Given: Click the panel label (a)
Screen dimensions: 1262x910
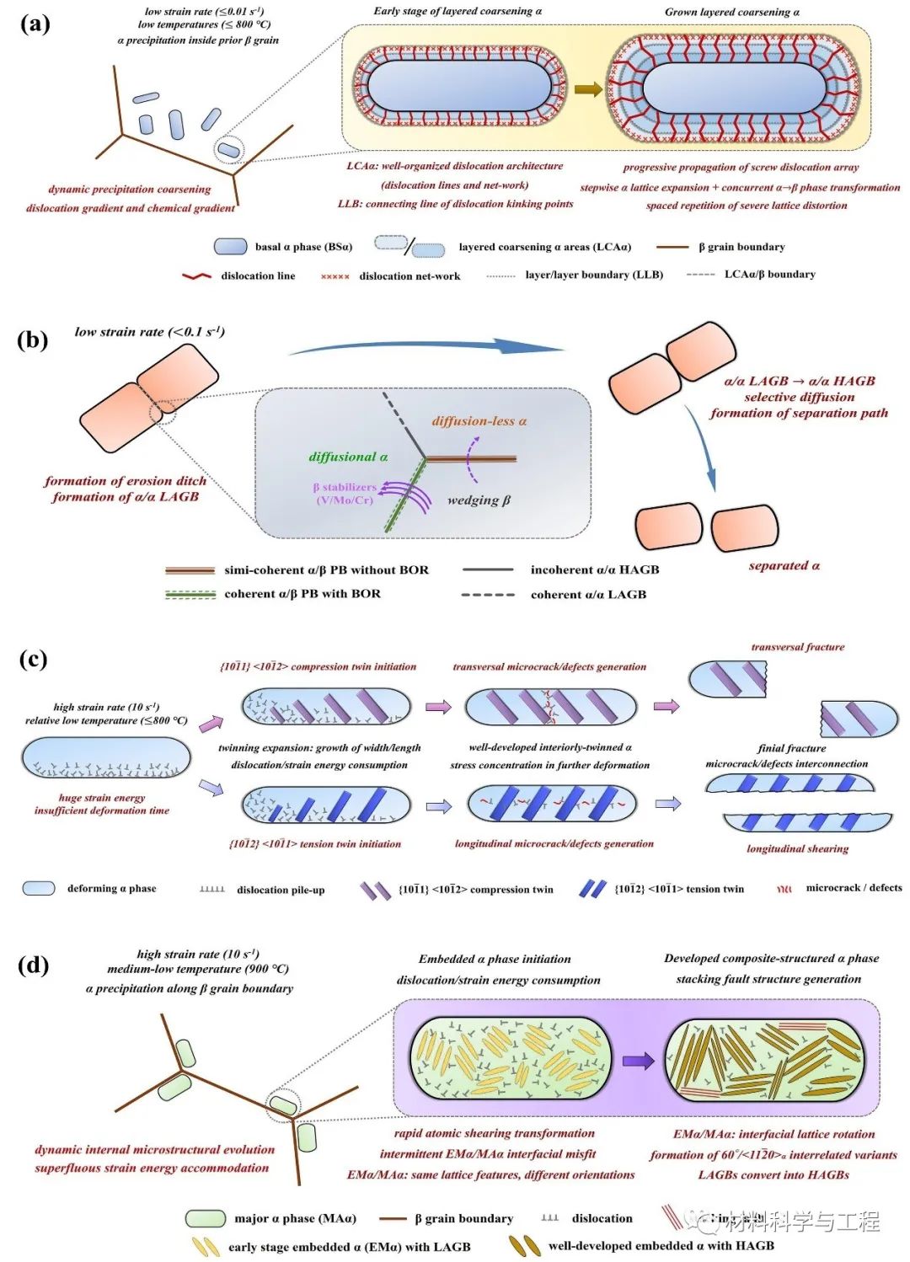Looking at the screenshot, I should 35,24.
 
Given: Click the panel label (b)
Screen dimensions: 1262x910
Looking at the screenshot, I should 33,340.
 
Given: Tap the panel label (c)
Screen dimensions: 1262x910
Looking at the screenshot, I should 33,658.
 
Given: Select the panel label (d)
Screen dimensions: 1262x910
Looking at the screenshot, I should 34,964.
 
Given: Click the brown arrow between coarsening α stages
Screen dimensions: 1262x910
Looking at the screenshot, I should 588,89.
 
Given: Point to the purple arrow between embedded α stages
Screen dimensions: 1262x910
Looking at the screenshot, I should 638,1060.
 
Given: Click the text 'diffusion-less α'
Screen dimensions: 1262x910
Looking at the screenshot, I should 479,421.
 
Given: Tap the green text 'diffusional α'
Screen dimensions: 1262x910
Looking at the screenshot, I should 348,457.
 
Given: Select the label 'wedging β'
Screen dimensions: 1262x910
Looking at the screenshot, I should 479,500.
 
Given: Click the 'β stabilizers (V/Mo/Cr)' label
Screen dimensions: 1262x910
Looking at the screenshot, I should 344,494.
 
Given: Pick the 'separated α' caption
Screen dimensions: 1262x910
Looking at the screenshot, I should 784,565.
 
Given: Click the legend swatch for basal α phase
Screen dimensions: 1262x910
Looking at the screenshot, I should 230,246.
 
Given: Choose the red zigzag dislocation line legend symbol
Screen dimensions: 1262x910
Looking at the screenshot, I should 197,276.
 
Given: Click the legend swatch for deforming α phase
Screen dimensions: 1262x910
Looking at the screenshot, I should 39,888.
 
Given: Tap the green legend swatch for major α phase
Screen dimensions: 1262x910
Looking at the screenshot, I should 205,1218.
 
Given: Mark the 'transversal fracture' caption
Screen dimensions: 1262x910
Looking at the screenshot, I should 797,647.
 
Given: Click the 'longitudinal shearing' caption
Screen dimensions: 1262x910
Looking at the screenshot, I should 797,848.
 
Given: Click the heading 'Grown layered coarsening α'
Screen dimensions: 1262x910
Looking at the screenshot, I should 731,12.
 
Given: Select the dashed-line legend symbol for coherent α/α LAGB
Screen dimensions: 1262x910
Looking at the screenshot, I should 488,595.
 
